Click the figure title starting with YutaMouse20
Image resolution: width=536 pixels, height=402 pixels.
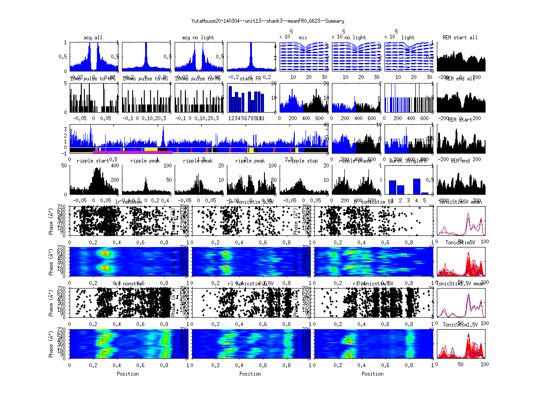[x=268, y=21]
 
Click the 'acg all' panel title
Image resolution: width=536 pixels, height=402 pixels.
[x=93, y=38]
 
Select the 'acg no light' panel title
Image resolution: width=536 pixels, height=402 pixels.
[x=198, y=38]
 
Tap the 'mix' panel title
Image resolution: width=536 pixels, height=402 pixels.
[x=303, y=38]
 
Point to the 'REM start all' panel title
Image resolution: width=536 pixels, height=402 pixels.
[x=460, y=38]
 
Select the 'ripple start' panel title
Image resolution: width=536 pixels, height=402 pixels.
[x=93, y=161]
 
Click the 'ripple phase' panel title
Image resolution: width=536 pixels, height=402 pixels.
[x=355, y=161]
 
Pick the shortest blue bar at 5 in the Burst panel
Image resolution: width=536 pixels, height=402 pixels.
[x=424, y=193]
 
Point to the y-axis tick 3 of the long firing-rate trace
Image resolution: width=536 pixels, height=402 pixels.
[x=66, y=129]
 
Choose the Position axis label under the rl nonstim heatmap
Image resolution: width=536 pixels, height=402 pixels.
[x=128, y=373]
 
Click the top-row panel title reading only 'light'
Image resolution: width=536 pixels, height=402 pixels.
[x=408, y=38]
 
